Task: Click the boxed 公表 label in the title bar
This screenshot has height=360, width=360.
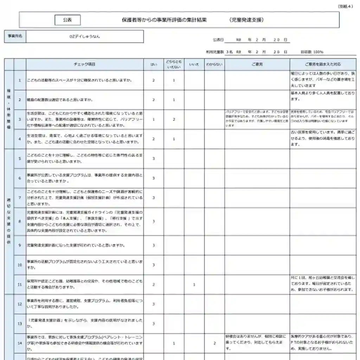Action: (x=67, y=20)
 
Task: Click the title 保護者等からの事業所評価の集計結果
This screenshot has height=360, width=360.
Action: (x=165, y=20)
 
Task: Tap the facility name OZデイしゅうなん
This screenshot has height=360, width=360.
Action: (x=85, y=36)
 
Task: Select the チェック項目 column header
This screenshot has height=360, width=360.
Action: (x=84, y=64)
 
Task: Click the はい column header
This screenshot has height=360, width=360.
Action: (x=154, y=64)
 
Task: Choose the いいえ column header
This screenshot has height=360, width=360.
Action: (x=194, y=64)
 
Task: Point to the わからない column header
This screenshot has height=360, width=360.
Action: (x=214, y=64)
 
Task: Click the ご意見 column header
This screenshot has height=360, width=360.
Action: (x=257, y=64)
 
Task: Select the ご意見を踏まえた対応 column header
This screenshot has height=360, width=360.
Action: (x=323, y=64)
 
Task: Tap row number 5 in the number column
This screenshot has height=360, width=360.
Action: (x=20, y=159)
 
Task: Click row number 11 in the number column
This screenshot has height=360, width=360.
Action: (x=20, y=284)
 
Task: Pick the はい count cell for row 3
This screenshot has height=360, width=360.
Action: (x=154, y=120)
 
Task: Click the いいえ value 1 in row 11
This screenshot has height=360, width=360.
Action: (x=194, y=284)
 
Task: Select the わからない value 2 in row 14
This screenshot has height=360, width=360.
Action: (x=214, y=343)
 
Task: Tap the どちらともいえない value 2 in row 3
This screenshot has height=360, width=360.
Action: (x=174, y=120)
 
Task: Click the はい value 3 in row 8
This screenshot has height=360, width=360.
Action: (x=154, y=221)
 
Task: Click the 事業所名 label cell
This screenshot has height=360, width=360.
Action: (x=15, y=36)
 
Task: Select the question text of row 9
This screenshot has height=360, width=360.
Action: (x=76, y=245)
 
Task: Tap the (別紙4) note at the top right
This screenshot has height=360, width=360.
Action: (x=345, y=6)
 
